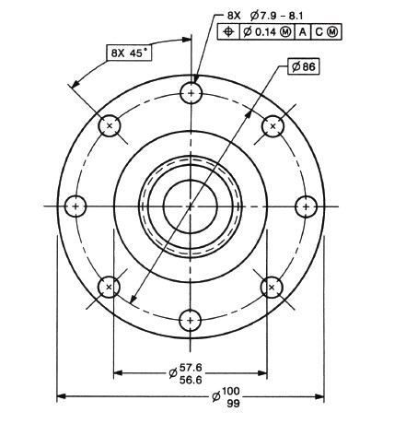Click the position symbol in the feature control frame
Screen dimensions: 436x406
pos(228,32)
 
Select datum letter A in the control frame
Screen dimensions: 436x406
pos(303,32)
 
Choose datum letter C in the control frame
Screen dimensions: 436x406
pos(319,32)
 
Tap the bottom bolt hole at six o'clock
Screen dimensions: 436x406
pos(191,320)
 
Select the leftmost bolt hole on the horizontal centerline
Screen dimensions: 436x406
pos(76,206)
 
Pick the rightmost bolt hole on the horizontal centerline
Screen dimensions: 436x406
pos(305,206)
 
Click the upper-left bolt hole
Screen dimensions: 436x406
pos(110,125)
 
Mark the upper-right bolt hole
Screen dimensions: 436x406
pos(272,125)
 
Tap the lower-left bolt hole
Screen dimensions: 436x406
pos(110,287)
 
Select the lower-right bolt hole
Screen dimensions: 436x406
pos(272,287)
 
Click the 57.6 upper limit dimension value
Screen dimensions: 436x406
pos(191,368)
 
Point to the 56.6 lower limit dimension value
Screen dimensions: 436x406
pos(191,379)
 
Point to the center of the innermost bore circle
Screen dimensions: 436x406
pos(191,206)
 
